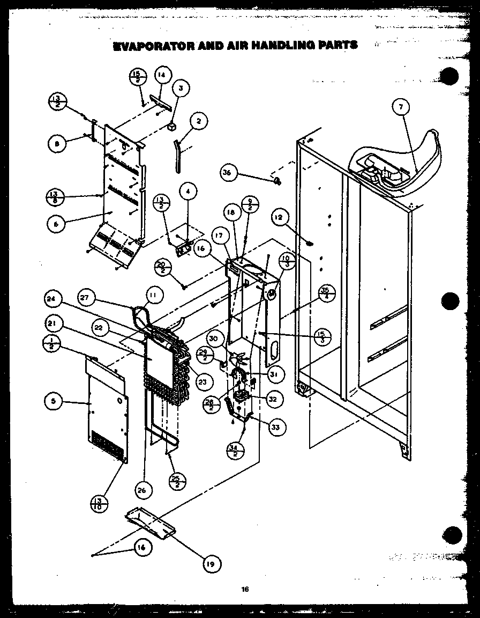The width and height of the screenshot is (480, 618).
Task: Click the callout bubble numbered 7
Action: [x=399, y=107]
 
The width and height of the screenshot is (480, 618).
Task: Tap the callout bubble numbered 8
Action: [x=56, y=143]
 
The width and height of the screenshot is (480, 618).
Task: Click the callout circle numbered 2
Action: [x=199, y=122]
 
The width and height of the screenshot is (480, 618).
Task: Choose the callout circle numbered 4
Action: [x=188, y=190]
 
